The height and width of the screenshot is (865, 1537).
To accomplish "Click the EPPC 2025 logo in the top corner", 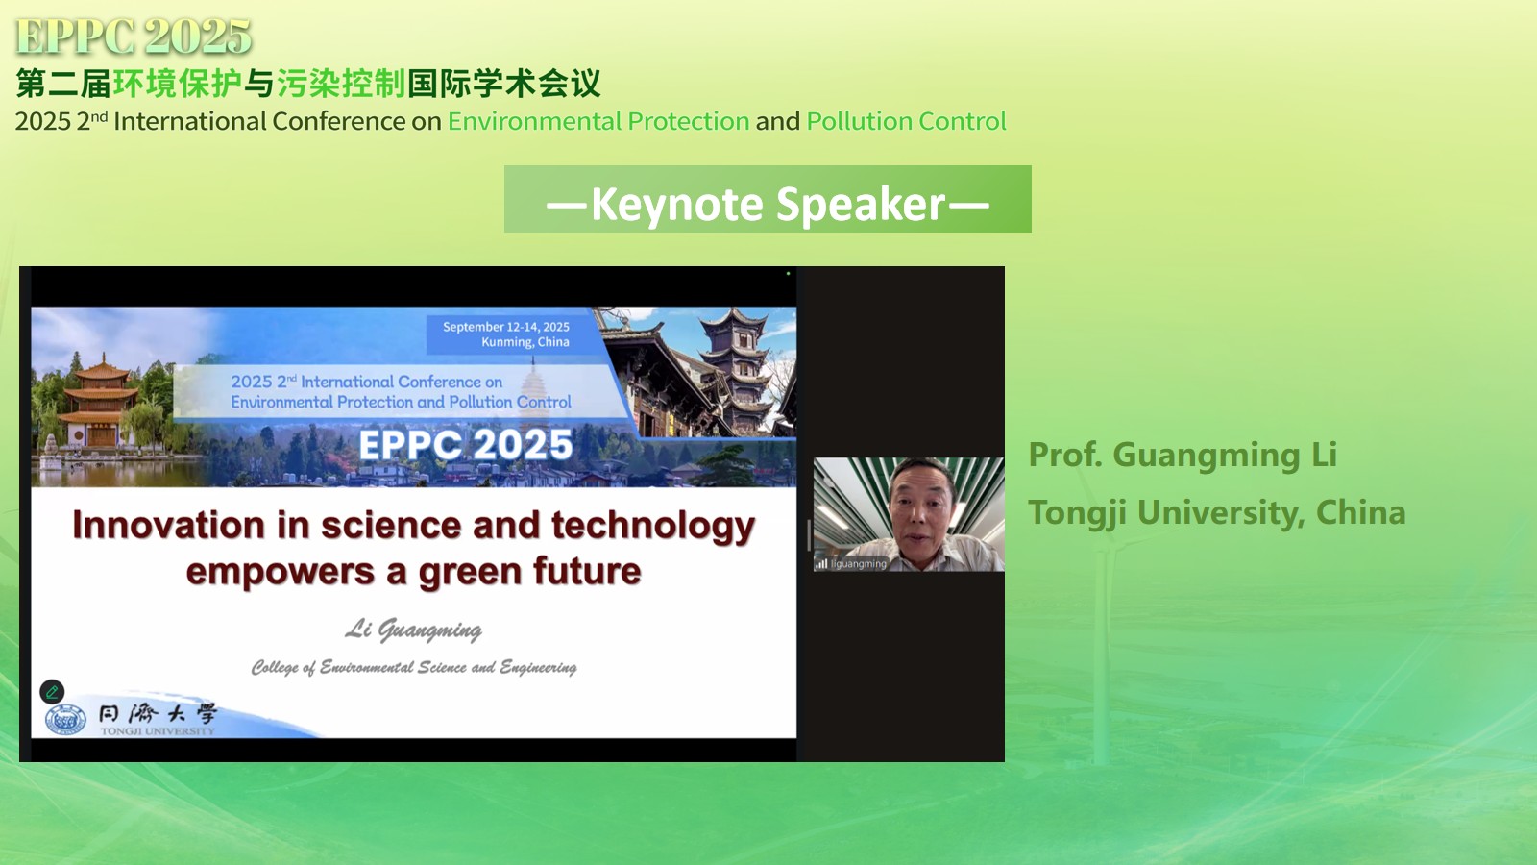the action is pos(134,37).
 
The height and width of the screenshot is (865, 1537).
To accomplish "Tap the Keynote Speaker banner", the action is pos(768,199).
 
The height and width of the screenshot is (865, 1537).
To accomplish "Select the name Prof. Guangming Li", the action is pos(1183,455).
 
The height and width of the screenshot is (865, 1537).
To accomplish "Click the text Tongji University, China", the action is pos(1216,512).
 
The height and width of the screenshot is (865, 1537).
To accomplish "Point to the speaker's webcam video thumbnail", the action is pos(909,514).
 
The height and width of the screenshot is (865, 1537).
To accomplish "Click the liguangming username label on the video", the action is pos(858,563).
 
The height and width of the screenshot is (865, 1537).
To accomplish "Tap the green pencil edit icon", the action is pos(52,691).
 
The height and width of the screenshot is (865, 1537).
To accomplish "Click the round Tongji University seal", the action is pos(66,720).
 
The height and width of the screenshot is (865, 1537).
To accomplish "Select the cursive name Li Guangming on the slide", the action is pos(413,630).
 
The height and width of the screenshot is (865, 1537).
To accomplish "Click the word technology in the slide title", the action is pos(653,527).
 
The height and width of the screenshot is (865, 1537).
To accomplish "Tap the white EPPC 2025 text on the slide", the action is pos(466,444).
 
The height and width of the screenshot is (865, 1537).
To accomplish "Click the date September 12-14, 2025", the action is pos(505,327).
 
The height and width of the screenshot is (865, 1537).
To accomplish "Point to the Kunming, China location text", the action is pos(525,342).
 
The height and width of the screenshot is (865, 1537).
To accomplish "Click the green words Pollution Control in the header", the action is pos(907,121).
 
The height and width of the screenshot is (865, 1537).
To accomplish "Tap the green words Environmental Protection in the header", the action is pos(598,121).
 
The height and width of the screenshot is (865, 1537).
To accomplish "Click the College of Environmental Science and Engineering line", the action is pos(414,667).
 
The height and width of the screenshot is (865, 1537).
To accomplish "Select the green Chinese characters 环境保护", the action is pos(177,84).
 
